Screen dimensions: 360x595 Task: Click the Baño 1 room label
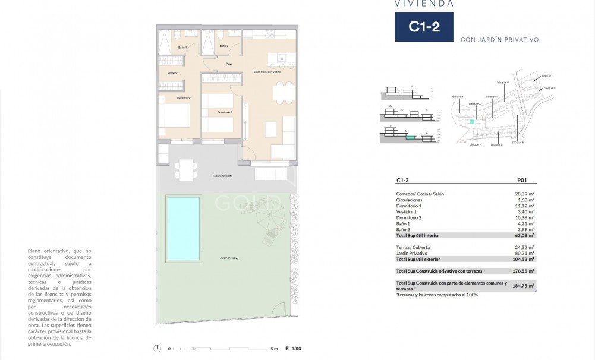[x=183, y=46]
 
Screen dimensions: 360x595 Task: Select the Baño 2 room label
[x=223, y=46]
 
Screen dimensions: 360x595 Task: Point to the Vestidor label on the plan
[x=172, y=73]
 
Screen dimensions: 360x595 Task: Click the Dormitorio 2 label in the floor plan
[x=224, y=112]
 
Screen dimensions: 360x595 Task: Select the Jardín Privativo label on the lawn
[x=229, y=258]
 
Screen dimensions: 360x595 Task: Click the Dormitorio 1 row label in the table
[x=409, y=206]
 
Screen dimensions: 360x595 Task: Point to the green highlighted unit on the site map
[x=472, y=121]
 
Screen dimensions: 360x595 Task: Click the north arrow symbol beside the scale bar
[x=157, y=349]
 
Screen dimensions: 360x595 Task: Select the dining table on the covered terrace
[x=186, y=169]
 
